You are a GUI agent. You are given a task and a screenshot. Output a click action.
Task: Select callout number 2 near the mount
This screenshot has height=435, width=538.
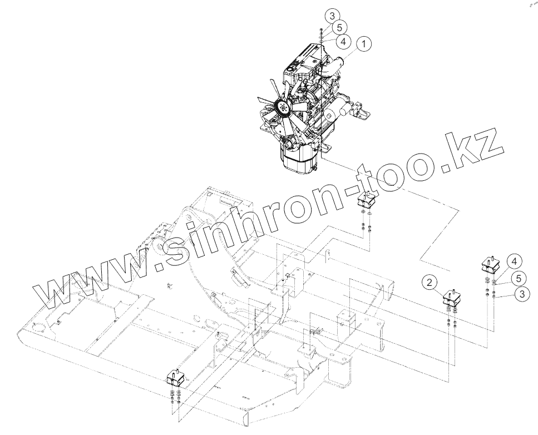click(430, 283)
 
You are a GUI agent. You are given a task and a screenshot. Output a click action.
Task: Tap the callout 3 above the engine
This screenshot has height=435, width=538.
click(330, 14)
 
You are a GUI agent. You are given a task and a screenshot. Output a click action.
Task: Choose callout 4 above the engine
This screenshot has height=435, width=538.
click(344, 41)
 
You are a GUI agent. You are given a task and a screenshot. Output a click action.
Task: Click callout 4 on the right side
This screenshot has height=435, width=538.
click(514, 260)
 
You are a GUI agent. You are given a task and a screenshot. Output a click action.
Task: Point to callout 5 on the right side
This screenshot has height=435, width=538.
click(518, 277)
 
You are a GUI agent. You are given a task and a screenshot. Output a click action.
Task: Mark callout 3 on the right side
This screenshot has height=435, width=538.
click(521, 294)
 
